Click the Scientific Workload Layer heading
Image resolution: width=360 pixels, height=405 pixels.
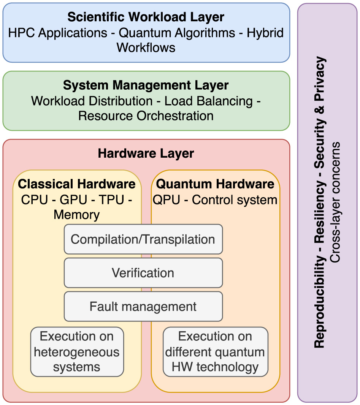pos(146,17)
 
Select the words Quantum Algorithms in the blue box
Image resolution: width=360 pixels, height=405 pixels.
pos(177,33)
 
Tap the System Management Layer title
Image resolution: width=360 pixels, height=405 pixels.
pos(146,85)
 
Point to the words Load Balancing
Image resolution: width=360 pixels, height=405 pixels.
pos(208,101)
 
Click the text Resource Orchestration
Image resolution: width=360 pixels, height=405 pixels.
pos(146,115)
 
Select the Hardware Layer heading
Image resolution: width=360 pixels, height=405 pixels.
pos(146,153)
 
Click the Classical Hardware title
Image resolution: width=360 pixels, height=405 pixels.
pos(77,184)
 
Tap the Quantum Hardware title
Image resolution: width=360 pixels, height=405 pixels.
pos(215,184)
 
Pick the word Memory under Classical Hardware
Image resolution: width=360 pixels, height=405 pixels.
pos(76,215)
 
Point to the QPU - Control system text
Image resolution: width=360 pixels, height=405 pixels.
pos(215,200)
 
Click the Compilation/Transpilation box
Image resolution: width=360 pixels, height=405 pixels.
pos(143,239)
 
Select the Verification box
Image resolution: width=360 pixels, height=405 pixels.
pos(143,273)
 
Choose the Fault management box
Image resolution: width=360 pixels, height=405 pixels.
pos(143,306)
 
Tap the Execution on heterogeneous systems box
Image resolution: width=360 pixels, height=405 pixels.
pos(77,352)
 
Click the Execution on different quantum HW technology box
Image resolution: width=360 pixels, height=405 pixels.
pos(215,352)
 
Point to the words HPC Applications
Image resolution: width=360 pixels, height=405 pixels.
pos(57,33)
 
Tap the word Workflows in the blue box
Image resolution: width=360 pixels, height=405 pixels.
pos(146,48)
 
